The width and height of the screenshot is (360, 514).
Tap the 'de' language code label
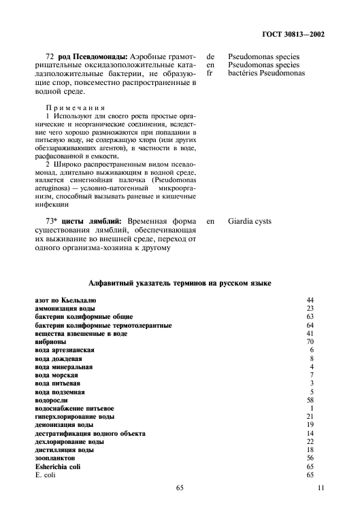click(210, 56)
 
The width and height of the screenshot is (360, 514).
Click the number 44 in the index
click(310, 300)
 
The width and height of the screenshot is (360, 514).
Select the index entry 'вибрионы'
click(50, 342)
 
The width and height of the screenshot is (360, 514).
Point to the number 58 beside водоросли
click(310, 400)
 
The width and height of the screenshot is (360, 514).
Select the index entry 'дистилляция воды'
click(64, 450)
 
